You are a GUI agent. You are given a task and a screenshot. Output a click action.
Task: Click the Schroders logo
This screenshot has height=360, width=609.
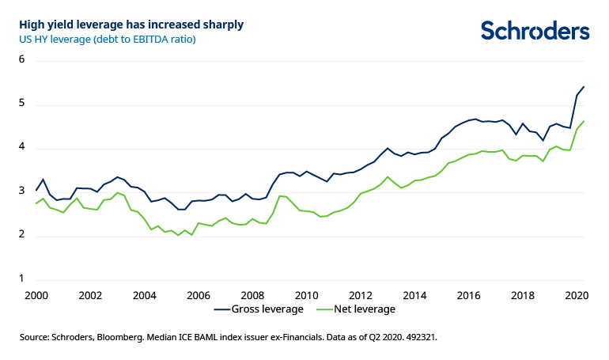click(535, 30)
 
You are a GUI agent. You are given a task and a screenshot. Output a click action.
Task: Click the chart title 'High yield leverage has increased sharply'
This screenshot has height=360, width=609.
click(131, 25)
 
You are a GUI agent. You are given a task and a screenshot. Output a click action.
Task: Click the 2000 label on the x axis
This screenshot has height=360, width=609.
click(36, 295)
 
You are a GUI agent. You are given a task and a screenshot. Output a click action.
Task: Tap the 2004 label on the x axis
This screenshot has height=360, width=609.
click(144, 295)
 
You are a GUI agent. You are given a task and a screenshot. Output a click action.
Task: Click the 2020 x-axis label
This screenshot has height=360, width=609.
click(575, 295)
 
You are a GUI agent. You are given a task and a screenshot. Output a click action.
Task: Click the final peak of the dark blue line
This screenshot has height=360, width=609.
click(584, 86)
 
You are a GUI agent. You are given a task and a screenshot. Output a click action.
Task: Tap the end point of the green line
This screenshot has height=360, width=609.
click(584, 121)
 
